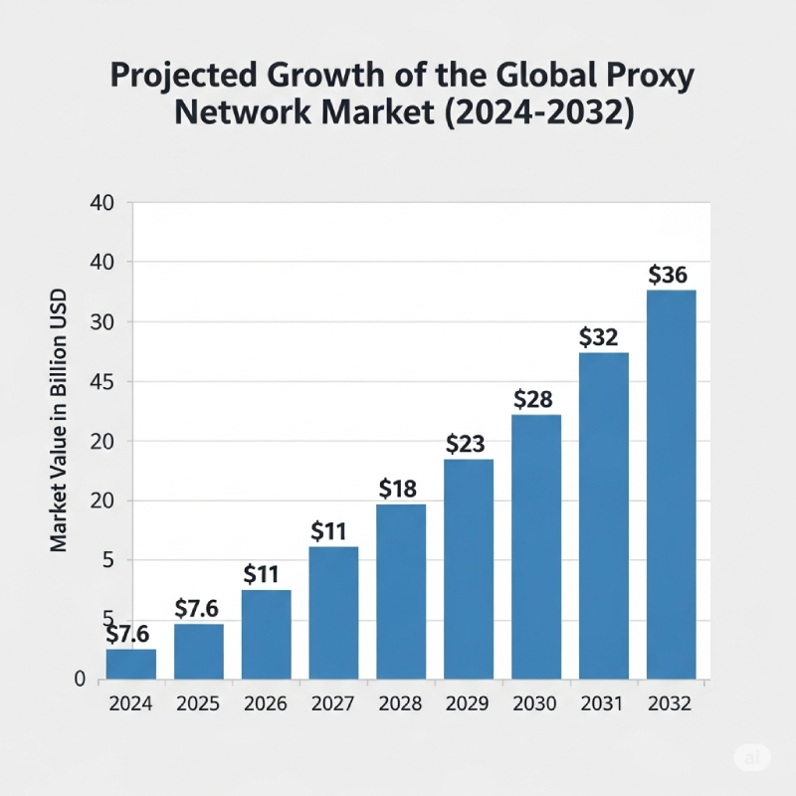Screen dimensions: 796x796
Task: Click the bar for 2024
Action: (x=131, y=665)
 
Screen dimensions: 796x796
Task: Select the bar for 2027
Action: (x=333, y=613)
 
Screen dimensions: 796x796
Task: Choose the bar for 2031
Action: (x=604, y=515)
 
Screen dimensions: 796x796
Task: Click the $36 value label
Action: (x=668, y=276)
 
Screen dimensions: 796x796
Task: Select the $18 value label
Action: (x=400, y=489)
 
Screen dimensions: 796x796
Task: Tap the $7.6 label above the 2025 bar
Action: (x=198, y=608)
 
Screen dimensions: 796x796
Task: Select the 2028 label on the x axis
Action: (x=401, y=703)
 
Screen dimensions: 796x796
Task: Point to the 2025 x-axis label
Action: (x=198, y=703)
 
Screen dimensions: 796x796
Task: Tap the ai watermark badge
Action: (x=752, y=757)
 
